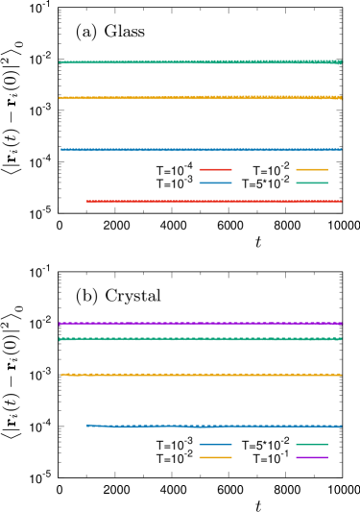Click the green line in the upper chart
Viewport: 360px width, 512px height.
[x=192, y=62]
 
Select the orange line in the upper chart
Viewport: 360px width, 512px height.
[x=192, y=98]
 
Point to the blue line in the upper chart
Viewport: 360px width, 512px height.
[x=192, y=150]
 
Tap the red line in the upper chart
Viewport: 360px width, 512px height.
[x=211, y=202]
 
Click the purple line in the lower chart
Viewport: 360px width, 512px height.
[x=192, y=324]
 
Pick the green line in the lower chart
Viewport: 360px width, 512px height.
[x=192, y=339]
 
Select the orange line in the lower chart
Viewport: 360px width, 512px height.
[x=192, y=375]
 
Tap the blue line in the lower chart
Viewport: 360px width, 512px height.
[x=211, y=426]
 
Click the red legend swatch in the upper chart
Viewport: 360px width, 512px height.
[x=215, y=170]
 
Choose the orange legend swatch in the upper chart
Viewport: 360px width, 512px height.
[x=312, y=170]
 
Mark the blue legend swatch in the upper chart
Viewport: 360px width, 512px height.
[x=215, y=183]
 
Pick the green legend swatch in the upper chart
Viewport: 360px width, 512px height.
[x=312, y=183]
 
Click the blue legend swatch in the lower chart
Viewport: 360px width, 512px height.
[x=215, y=445]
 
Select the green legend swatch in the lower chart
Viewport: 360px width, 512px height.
[x=312, y=445]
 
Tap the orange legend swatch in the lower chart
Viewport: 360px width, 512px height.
[x=215, y=458]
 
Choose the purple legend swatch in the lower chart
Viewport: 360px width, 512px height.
[x=312, y=458]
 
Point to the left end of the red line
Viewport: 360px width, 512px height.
[x=87, y=202]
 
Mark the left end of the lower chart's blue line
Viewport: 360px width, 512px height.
[x=87, y=425]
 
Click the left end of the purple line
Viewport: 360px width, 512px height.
[x=60, y=324]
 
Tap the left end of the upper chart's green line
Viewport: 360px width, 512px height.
[x=60, y=62]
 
